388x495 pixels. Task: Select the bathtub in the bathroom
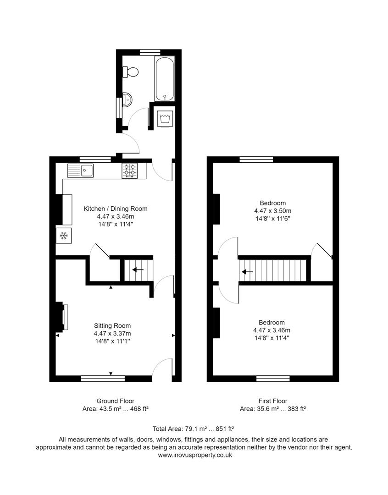point(165,78)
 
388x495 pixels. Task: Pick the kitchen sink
point(81,170)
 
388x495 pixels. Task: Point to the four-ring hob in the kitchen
point(130,170)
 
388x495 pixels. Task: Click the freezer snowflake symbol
point(64,236)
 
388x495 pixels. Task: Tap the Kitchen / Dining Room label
point(115,209)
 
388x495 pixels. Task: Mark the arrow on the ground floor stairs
point(138,269)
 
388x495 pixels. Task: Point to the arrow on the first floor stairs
point(248,271)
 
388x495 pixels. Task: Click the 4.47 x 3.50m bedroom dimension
point(272,211)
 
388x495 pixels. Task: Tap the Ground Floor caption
point(115,401)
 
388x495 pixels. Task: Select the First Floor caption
point(272,401)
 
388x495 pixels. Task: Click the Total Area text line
point(194,429)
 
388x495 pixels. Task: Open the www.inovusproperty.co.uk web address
point(195,455)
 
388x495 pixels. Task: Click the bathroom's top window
point(150,52)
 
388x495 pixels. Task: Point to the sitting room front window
point(103,379)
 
